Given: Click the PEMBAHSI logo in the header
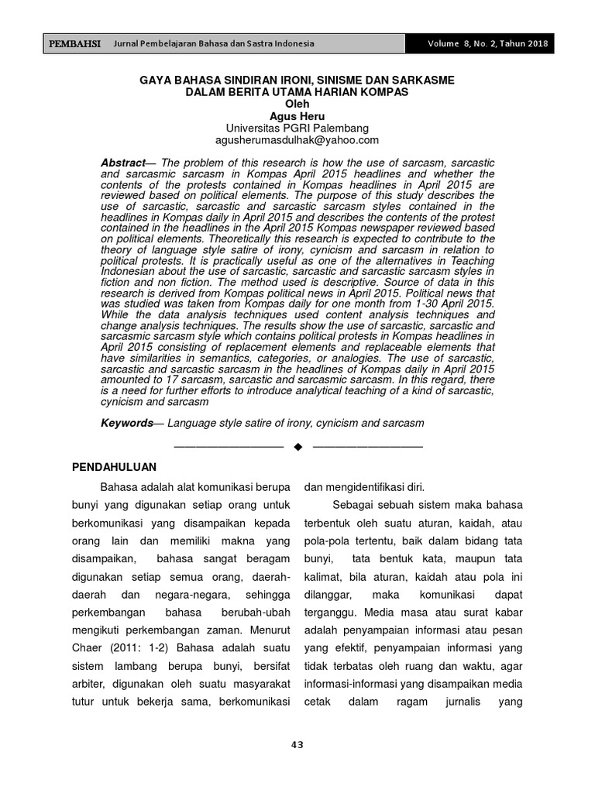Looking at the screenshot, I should pyautogui.click(x=74, y=43).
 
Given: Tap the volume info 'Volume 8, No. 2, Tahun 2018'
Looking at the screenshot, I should pyautogui.click(x=487, y=43).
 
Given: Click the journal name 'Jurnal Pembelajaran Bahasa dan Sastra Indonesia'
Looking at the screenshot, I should pyautogui.click(x=213, y=43).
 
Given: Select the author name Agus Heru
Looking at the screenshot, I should pyautogui.click(x=297, y=115).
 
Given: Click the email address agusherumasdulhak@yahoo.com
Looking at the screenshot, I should pyautogui.click(x=297, y=140).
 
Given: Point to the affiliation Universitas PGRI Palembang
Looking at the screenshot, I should pyautogui.click(x=297, y=128).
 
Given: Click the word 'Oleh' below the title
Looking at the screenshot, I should pyautogui.click(x=297, y=104).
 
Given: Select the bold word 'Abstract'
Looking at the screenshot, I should pyautogui.click(x=122, y=163).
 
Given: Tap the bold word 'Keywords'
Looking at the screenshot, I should pyautogui.click(x=126, y=423).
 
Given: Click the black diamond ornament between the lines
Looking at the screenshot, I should pyautogui.click(x=297, y=447).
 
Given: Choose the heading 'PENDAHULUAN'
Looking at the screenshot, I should pyautogui.click(x=115, y=467).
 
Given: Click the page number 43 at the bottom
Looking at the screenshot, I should pyautogui.click(x=297, y=745).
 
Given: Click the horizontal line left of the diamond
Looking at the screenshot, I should pyautogui.click(x=229, y=447).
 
